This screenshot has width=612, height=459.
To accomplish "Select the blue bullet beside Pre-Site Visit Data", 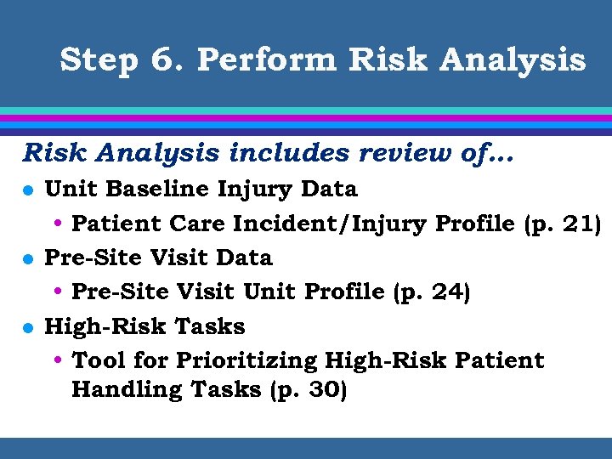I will [27, 258].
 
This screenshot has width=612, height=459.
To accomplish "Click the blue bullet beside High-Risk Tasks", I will [27, 327].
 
